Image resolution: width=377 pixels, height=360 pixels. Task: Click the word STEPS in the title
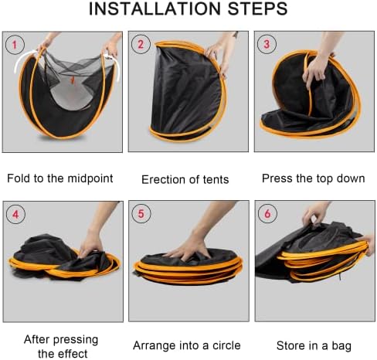(x=257, y=8)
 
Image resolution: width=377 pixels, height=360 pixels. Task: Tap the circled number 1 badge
(x=15, y=45)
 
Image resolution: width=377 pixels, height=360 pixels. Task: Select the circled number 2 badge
(x=141, y=44)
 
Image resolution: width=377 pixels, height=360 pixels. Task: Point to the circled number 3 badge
(x=267, y=44)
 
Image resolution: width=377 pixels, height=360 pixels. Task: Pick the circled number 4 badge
(x=15, y=214)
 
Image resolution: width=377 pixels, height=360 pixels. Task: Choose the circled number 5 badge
(x=141, y=214)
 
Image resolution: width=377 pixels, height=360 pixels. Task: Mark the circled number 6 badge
(x=267, y=213)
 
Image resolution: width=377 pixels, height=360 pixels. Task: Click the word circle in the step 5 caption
(x=226, y=345)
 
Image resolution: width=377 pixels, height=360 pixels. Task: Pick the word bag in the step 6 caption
(x=341, y=346)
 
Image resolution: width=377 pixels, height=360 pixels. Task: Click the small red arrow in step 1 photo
(x=73, y=80)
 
